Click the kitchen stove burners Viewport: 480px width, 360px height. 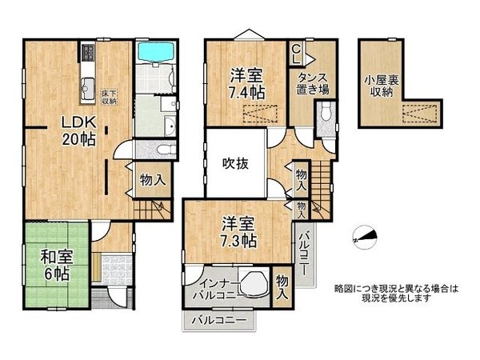[x=87, y=55]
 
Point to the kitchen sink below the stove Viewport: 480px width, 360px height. [x=86, y=87]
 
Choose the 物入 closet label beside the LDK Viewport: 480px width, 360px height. [x=152, y=181]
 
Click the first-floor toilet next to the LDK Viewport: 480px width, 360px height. [x=162, y=149]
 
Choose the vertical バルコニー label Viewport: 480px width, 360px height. [x=305, y=254]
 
